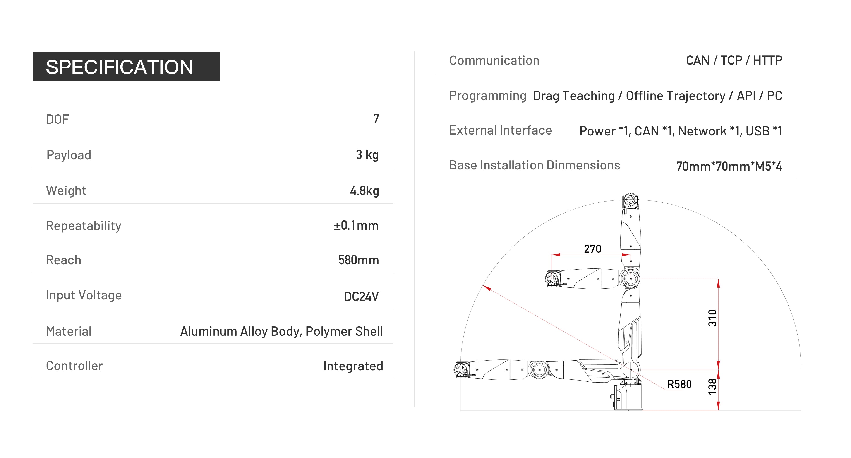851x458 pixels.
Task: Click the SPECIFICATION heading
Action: pyautogui.click(x=119, y=67)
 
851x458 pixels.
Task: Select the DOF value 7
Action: pyautogui.click(x=376, y=119)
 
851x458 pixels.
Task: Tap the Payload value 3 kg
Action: pyautogui.click(x=367, y=155)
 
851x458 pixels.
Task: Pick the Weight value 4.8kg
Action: pyautogui.click(x=364, y=191)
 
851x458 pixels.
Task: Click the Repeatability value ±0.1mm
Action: pyautogui.click(x=356, y=225)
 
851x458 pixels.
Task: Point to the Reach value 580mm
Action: pyautogui.click(x=359, y=260)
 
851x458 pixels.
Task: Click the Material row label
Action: pyautogui.click(x=69, y=331)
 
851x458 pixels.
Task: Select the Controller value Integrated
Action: pyautogui.click(x=353, y=366)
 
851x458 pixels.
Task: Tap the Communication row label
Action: pyautogui.click(x=494, y=60)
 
